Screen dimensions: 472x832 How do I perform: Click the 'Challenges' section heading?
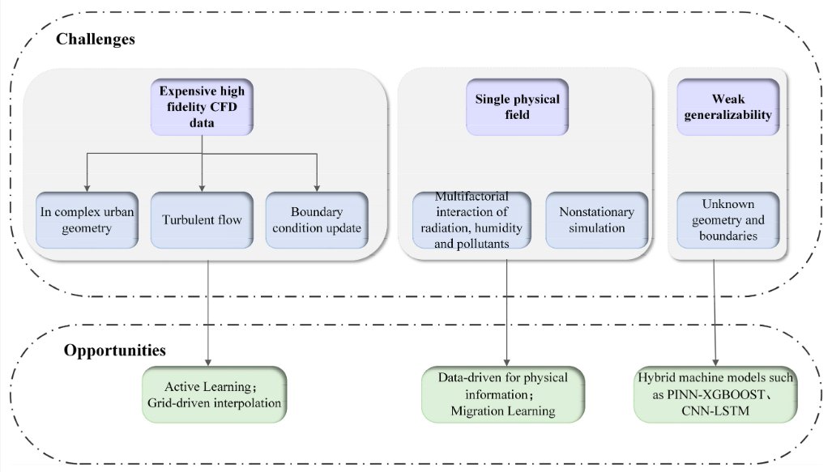(96, 39)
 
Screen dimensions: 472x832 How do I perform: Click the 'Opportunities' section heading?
(114, 351)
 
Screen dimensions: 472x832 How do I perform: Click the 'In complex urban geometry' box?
(87, 219)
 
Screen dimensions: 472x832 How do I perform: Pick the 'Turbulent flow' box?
(201, 219)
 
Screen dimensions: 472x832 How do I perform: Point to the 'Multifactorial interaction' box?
(471, 219)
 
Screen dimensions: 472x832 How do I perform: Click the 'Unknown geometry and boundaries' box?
(728, 219)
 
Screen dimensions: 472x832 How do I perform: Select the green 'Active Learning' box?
(214, 394)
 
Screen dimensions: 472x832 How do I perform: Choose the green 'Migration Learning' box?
(503, 394)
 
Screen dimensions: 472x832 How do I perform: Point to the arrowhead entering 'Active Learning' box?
(209, 361)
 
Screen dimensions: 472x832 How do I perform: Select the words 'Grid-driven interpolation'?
(214, 402)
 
